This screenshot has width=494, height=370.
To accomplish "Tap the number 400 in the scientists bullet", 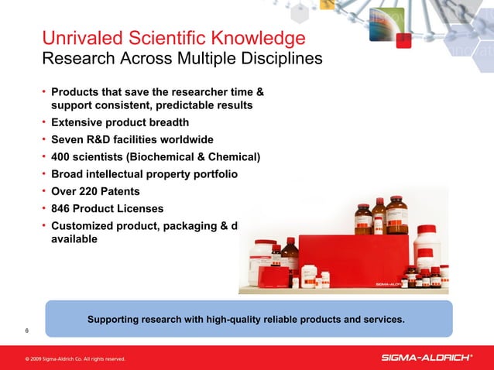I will pos(63,158).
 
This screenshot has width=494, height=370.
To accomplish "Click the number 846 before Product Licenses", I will pos(63,208).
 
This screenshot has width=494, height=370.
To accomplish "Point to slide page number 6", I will pos(27,331).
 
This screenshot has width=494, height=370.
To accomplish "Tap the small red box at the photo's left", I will pos(273,276).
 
